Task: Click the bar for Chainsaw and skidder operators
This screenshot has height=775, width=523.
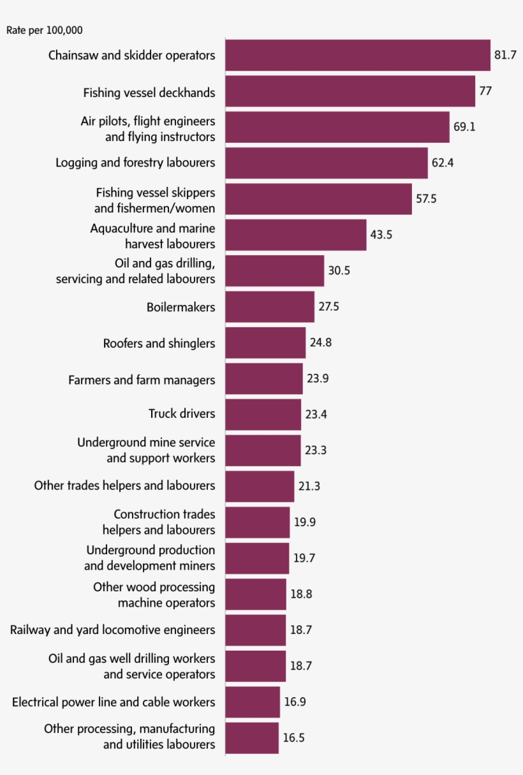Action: click(x=357, y=55)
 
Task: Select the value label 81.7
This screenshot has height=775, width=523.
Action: click(x=505, y=55)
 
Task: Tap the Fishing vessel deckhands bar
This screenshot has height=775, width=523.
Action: click(x=350, y=91)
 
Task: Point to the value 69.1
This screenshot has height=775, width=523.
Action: click(x=464, y=127)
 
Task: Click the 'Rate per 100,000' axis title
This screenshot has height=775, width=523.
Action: click(x=45, y=30)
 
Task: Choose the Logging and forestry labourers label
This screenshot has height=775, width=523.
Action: click(x=135, y=163)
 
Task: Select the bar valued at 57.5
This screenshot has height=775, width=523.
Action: click(x=318, y=199)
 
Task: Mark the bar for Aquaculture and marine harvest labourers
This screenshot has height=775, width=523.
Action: click(x=295, y=235)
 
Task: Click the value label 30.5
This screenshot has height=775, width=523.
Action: click(x=339, y=270)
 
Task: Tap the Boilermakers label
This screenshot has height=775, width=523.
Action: click(x=180, y=307)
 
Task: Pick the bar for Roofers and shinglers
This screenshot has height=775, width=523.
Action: click(x=265, y=343)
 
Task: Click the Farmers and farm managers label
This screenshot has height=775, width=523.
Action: click(x=142, y=380)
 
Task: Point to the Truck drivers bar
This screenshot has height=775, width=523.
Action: click(x=263, y=415)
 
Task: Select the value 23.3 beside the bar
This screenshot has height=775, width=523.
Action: click(x=316, y=450)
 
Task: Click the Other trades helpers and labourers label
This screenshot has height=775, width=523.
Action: click(x=124, y=485)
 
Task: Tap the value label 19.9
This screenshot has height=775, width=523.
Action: click(x=304, y=522)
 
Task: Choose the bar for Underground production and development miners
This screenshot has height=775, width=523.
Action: click(x=256, y=558)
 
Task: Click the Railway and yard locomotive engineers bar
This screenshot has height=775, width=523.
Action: click(x=255, y=630)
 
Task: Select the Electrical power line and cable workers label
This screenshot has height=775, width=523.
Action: click(x=114, y=702)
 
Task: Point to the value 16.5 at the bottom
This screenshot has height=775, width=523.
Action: click(x=293, y=738)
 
